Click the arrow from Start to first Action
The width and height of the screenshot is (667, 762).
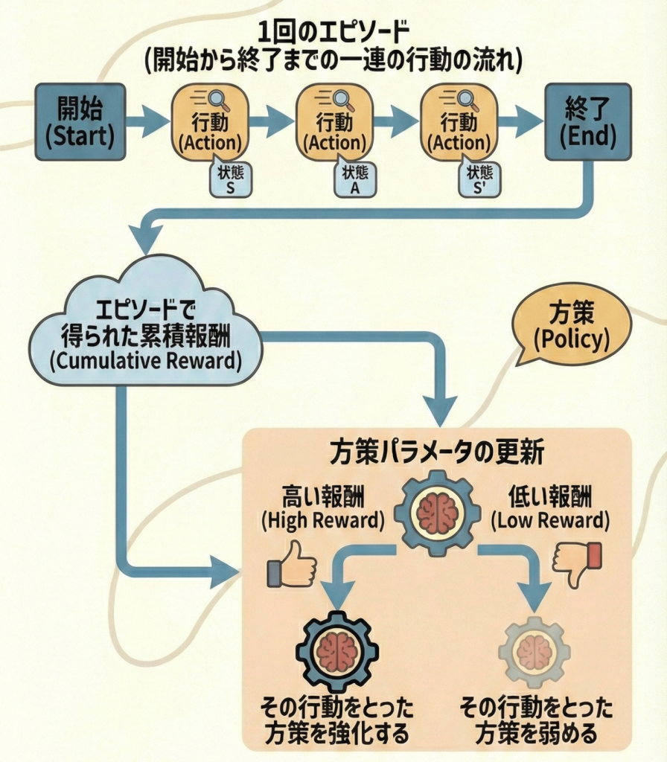pyautogui.click(x=147, y=121)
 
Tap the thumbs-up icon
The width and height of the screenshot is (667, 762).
pyautogui.click(x=292, y=564)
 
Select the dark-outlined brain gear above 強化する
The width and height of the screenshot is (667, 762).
pyautogui.click(x=337, y=651)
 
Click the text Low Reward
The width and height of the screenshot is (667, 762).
pyautogui.click(x=550, y=520)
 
